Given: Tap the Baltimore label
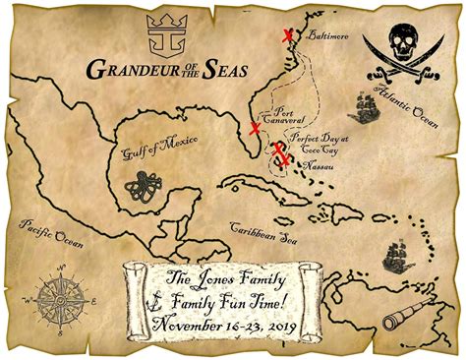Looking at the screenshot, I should [x=327, y=38].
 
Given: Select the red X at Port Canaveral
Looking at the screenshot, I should [x=256, y=128].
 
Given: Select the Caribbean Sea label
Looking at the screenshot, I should [x=262, y=230].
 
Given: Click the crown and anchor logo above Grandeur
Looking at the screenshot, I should [x=163, y=34].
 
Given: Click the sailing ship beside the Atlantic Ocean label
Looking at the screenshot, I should [x=365, y=105].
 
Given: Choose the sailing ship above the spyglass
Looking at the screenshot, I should [x=399, y=257].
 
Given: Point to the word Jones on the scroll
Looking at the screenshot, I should [x=214, y=276].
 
